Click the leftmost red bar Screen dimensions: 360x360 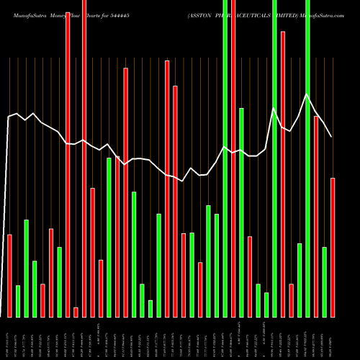[9, 276]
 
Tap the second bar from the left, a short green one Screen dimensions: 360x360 [18, 301]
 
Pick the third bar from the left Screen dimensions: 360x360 [26, 268]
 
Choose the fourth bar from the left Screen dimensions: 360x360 [35, 289]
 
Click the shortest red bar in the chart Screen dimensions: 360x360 [76, 312]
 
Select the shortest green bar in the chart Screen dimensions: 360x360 [150, 308]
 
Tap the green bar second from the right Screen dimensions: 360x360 [324, 282]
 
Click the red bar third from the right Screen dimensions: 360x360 [291, 300]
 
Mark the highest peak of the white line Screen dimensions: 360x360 [307, 94]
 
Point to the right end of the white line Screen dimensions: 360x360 [331, 137]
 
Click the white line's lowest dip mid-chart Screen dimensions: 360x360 [183, 181]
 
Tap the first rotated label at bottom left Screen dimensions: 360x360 [9, 336]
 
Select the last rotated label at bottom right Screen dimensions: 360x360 [333, 336]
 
